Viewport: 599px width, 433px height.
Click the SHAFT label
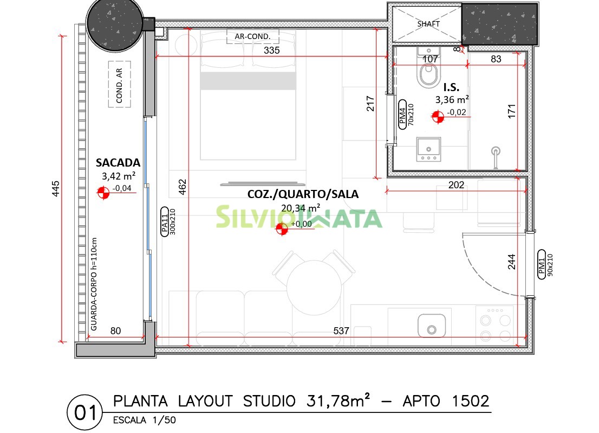point(428,24)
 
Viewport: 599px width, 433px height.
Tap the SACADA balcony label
point(118,163)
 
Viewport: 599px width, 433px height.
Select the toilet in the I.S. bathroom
point(428,69)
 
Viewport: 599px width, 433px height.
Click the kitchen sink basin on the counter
point(432,326)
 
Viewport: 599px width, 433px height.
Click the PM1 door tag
point(542,264)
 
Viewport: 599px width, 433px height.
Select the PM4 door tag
point(402,114)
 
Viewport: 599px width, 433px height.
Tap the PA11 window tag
point(165,222)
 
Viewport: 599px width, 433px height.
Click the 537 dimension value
point(341,330)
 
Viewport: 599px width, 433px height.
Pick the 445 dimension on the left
point(56,189)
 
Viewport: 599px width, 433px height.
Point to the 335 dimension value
point(272,50)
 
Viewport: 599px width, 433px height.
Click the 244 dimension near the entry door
point(511,262)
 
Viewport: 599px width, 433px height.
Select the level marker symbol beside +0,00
point(282,228)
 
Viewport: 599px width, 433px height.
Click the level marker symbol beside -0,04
point(103,193)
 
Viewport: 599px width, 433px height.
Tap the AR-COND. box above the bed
point(252,36)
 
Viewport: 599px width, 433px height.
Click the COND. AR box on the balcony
point(120,84)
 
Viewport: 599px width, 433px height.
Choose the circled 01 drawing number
point(85,413)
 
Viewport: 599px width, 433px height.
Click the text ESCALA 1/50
point(145,420)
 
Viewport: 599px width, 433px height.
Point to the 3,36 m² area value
point(452,99)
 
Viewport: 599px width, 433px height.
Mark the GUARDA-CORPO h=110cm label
point(94,284)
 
